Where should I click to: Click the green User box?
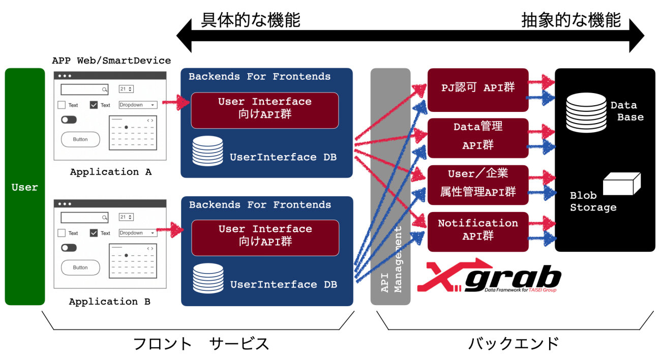[25, 187]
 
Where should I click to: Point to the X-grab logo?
[489, 278]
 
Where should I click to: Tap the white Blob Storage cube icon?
[621, 184]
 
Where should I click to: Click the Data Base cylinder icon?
[586, 113]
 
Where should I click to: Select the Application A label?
[111, 172]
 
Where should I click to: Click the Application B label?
[110, 302]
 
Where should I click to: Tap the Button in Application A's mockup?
[80, 139]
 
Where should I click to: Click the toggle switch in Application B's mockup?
[69, 248]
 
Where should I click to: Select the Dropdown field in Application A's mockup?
[138, 105]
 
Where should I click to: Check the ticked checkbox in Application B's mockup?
[94, 233]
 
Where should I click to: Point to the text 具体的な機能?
[251, 20]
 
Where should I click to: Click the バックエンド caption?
[514, 343]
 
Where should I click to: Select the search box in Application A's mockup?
[84, 89]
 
